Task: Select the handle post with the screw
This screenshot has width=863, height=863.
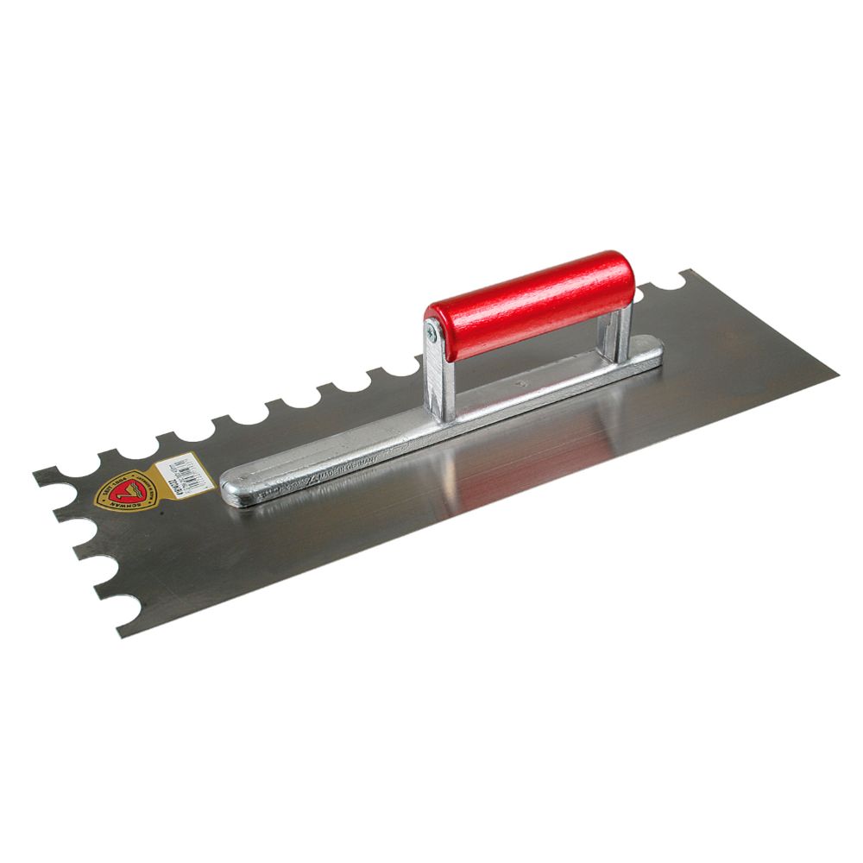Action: [x=438, y=380]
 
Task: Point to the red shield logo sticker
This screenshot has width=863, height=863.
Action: [x=123, y=493]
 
